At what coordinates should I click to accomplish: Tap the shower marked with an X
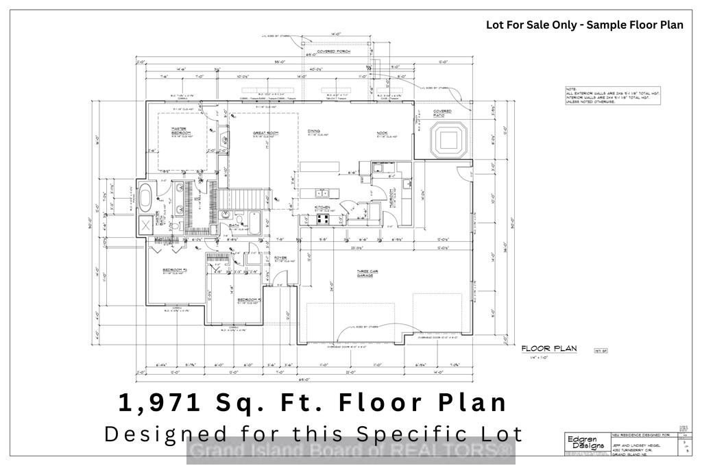pyautogui.click(x=146, y=224)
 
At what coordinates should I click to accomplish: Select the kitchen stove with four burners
pyautogui.click(x=322, y=219)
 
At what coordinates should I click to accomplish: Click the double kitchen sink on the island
pyautogui.click(x=322, y=193)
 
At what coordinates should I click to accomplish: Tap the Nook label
pyautogui.click(x=383, y=133)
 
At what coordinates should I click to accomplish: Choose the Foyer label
pyautogui.click(x=280, y=258)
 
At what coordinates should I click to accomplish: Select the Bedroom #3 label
pyautogui.click(x=247, y=299)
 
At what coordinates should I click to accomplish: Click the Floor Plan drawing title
pyautogui.click(x=548, y=349)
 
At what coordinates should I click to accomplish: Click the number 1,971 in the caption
pyautogui.click(x=160, y=402)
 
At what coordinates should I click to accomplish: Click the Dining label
pyautogui.click(x=314, y=132)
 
